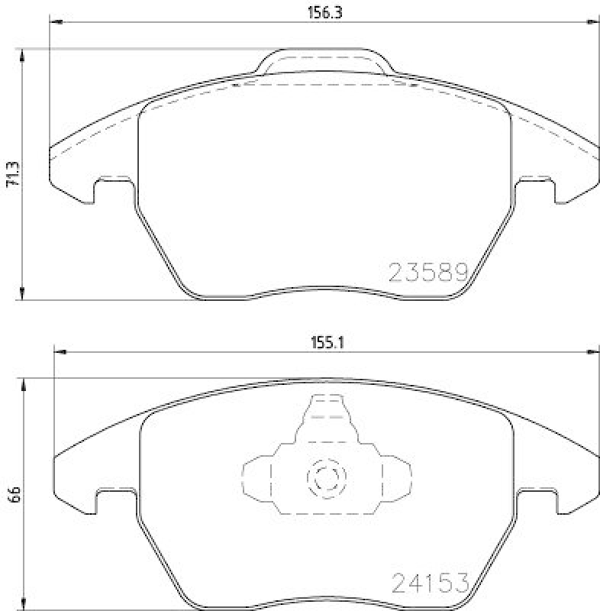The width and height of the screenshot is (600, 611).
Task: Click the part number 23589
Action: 428,272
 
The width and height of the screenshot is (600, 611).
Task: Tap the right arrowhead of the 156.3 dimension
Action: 593,22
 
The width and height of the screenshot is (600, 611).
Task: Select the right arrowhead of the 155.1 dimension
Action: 593,353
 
